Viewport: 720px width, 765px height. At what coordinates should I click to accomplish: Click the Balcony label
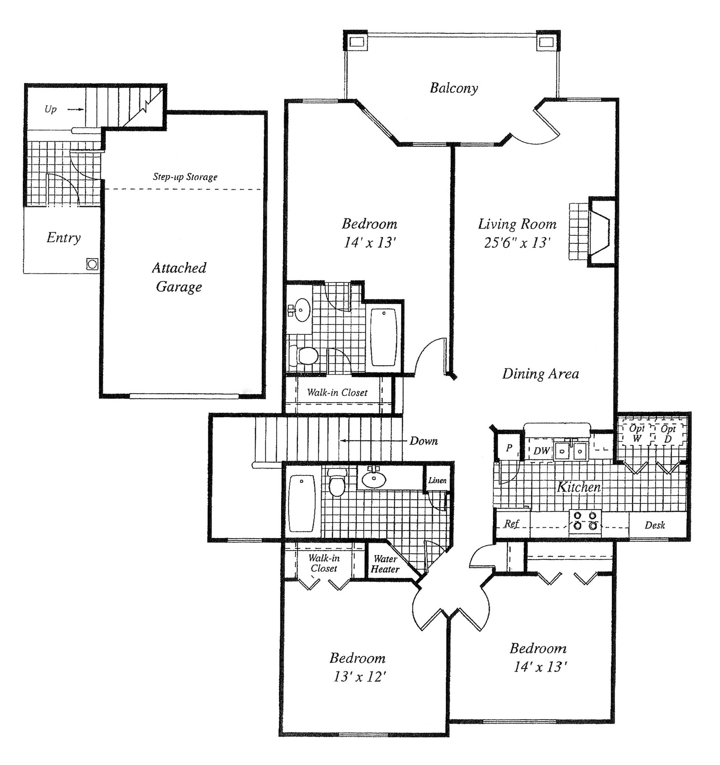(454, 88)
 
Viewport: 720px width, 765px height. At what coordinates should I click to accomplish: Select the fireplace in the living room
(600, 232)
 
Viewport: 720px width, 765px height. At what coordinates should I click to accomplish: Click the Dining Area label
(540, 374)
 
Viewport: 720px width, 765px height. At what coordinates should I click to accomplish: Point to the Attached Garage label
(179, 277)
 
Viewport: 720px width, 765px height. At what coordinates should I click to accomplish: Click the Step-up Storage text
(185, 177)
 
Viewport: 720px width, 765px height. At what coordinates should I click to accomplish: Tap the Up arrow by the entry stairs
(75, 110)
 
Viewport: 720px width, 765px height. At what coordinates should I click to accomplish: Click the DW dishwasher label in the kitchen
(541, 451)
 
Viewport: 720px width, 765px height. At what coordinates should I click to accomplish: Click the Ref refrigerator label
(512, 524)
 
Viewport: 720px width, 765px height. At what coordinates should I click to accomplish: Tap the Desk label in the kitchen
(655, 525)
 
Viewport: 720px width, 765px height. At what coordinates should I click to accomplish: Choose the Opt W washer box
(637, 434)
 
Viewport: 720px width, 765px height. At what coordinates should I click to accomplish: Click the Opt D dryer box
(668, 434)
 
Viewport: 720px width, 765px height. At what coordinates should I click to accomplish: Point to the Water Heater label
(385, 564)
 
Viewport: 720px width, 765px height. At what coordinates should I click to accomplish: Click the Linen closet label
(438, 480)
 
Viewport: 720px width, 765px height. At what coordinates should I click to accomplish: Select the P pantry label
(509, 447)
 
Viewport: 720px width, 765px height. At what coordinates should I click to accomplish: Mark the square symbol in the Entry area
(92, 264)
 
